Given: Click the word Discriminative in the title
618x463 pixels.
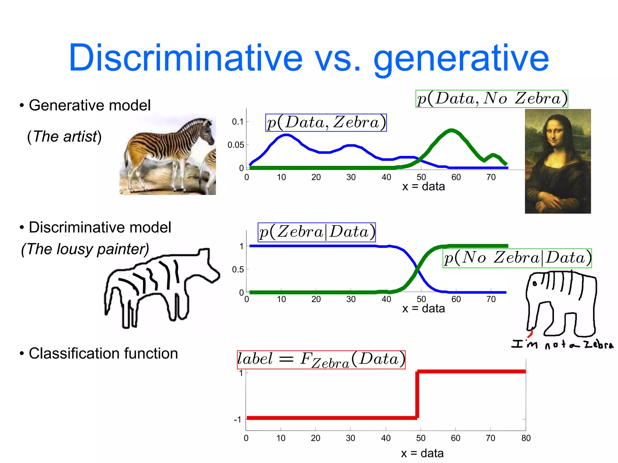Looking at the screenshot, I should (185, 58).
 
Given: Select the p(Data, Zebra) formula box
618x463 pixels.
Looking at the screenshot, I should (326, 123).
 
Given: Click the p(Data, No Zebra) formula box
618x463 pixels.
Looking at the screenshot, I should (492, 99).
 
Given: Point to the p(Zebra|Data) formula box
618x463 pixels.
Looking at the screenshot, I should (317, 232).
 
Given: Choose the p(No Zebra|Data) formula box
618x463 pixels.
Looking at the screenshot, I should (517, 258).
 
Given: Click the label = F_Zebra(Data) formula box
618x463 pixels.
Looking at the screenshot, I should (321, 360).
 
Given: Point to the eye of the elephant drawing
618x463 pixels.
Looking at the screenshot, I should (535, 284).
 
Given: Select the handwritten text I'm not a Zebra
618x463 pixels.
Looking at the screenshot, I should (562, 344).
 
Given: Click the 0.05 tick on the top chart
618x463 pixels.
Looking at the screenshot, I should (236, 145).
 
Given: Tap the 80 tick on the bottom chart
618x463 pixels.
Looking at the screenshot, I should (526, 438).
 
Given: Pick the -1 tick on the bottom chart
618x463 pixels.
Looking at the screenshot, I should (238, 420).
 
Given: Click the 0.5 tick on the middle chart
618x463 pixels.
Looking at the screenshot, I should (238, 270).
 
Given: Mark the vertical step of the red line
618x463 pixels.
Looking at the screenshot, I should (417, 395).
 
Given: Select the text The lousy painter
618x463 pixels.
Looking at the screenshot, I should (85, 249).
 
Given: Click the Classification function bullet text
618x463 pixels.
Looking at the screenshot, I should (103, 353).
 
